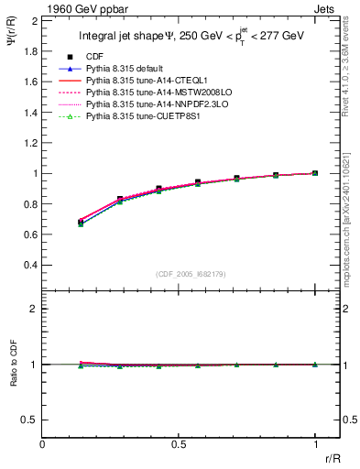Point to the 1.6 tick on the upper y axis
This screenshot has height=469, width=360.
pyautogui.click(x=30, y=82)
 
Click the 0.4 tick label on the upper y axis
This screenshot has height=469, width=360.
pyautogui.click(x=30, y=265)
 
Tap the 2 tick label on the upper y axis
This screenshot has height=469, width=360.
pyautogui.click(x=35, y=20)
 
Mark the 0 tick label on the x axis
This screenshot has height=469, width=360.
pyautogui.click(x=43, y=443)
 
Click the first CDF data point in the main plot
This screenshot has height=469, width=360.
pyautogui.click(x=82, y=223)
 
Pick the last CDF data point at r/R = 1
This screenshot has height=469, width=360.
pyautogui.click(x=315, y=173)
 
